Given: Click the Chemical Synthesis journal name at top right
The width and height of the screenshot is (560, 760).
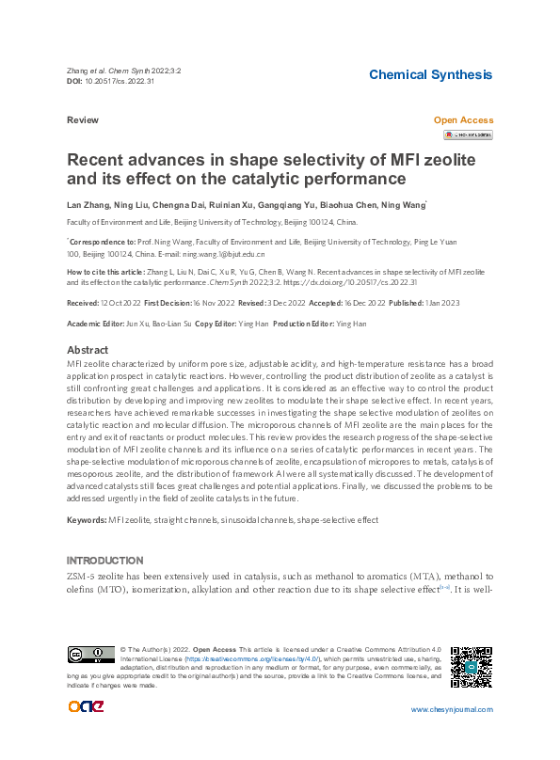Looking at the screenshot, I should tap(430, 74).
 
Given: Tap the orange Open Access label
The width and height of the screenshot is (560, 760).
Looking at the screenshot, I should tap(462, 120).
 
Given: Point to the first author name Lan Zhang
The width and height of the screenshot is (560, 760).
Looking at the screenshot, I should tap(88, 203).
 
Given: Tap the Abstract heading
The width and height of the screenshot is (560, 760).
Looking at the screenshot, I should tap(87, 350).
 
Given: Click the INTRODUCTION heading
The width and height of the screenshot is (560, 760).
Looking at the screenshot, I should tap(104, 560).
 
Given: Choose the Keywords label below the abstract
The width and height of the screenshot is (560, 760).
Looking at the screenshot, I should tap(87, 519).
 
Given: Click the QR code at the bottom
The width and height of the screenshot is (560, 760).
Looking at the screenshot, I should tap(471, 666).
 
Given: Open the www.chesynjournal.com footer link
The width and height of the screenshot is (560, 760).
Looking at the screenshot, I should tap(452, 710).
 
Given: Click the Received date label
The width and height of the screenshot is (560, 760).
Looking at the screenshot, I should tap(83, 303).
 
